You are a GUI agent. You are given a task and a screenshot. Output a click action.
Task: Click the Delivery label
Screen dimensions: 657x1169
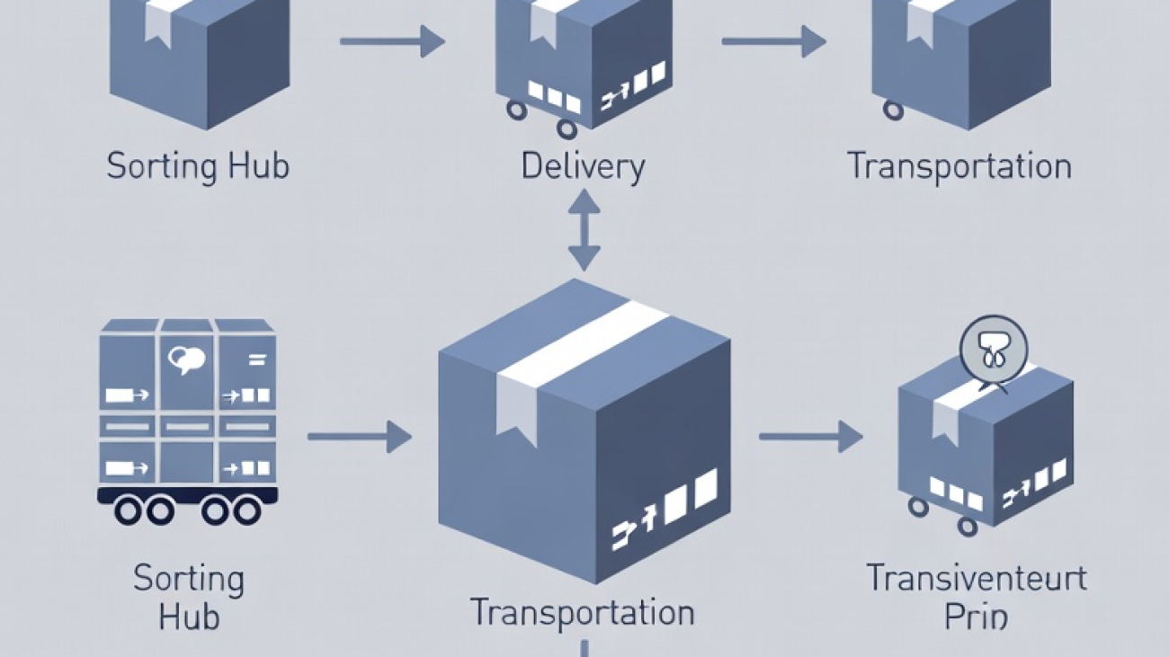[x=583, y=167]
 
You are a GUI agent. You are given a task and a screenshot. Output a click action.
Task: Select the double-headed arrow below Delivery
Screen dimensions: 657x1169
[x=584, y=230]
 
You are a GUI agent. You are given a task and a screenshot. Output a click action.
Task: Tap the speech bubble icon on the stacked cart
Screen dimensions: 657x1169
[x=187, y=360]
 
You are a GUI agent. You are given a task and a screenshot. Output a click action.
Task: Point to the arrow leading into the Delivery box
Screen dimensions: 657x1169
[x=392, y=41]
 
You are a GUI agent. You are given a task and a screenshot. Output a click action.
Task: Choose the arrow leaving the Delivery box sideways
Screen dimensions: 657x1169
[x=774, y=41]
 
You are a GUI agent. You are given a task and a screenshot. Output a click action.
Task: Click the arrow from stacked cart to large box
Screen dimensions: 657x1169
[x=359, y=437]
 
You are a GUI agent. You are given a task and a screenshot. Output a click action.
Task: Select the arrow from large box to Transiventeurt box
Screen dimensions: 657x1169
[x=810, y=437]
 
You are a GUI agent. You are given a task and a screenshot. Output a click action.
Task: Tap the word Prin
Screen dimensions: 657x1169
[x=977, y=617]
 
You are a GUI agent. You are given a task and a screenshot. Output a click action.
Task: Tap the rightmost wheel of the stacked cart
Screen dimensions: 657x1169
[x=246, y=511]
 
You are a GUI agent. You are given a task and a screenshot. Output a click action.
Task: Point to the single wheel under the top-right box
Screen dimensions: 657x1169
[x=893, y=110]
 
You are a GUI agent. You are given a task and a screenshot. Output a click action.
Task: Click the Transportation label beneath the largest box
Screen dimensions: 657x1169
[x=583, y=613]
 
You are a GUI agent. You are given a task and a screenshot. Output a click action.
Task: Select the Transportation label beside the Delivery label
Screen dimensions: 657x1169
[x=959, y=167]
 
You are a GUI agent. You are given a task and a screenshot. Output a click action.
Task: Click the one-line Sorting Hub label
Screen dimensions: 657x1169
[x=198, y=167]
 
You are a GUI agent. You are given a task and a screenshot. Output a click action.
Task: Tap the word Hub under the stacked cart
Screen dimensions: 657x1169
[x=189, y=617]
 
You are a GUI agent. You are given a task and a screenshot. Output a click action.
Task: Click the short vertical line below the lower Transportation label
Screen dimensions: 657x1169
[x=584, y=648]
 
